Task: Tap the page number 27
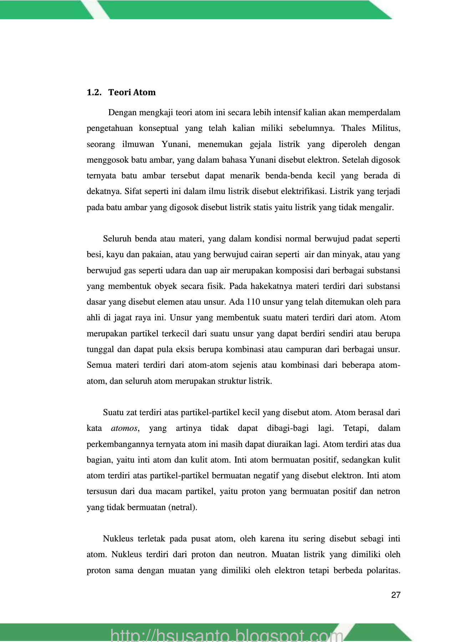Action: click(x=396, y=595)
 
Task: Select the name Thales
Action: click(x=353, y=128)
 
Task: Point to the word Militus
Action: click(x=386, y=128)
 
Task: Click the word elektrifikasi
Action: click(x=303, y=192)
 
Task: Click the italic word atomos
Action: click(x=124, y=428)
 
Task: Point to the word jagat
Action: click(x=122, y=318)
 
